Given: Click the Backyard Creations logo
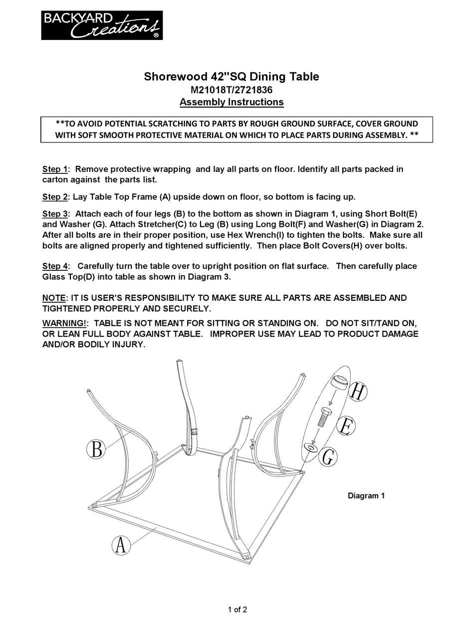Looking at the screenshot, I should (102, 25).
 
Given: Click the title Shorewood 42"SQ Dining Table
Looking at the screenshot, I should (232, 76).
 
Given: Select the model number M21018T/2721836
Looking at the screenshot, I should (232, 90).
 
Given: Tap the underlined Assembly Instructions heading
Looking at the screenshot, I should (232, 102).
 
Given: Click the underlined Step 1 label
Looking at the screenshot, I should (55, 169).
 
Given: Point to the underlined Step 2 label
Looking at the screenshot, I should (55, 197).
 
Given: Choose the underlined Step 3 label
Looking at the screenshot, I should (55, 214).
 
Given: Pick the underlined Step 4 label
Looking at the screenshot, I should (55, 266).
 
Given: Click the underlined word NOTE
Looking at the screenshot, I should (54, 298).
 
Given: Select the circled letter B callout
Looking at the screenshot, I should (97, 449).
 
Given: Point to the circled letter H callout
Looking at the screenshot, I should (357, 391).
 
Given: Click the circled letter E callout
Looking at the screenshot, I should (346, 426).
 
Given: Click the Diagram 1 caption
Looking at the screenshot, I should (366, 496).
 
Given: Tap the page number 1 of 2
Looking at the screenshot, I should (237, 609).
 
